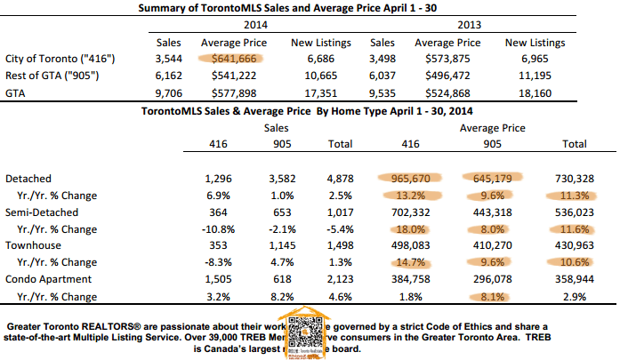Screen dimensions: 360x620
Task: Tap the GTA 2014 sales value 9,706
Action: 168,92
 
